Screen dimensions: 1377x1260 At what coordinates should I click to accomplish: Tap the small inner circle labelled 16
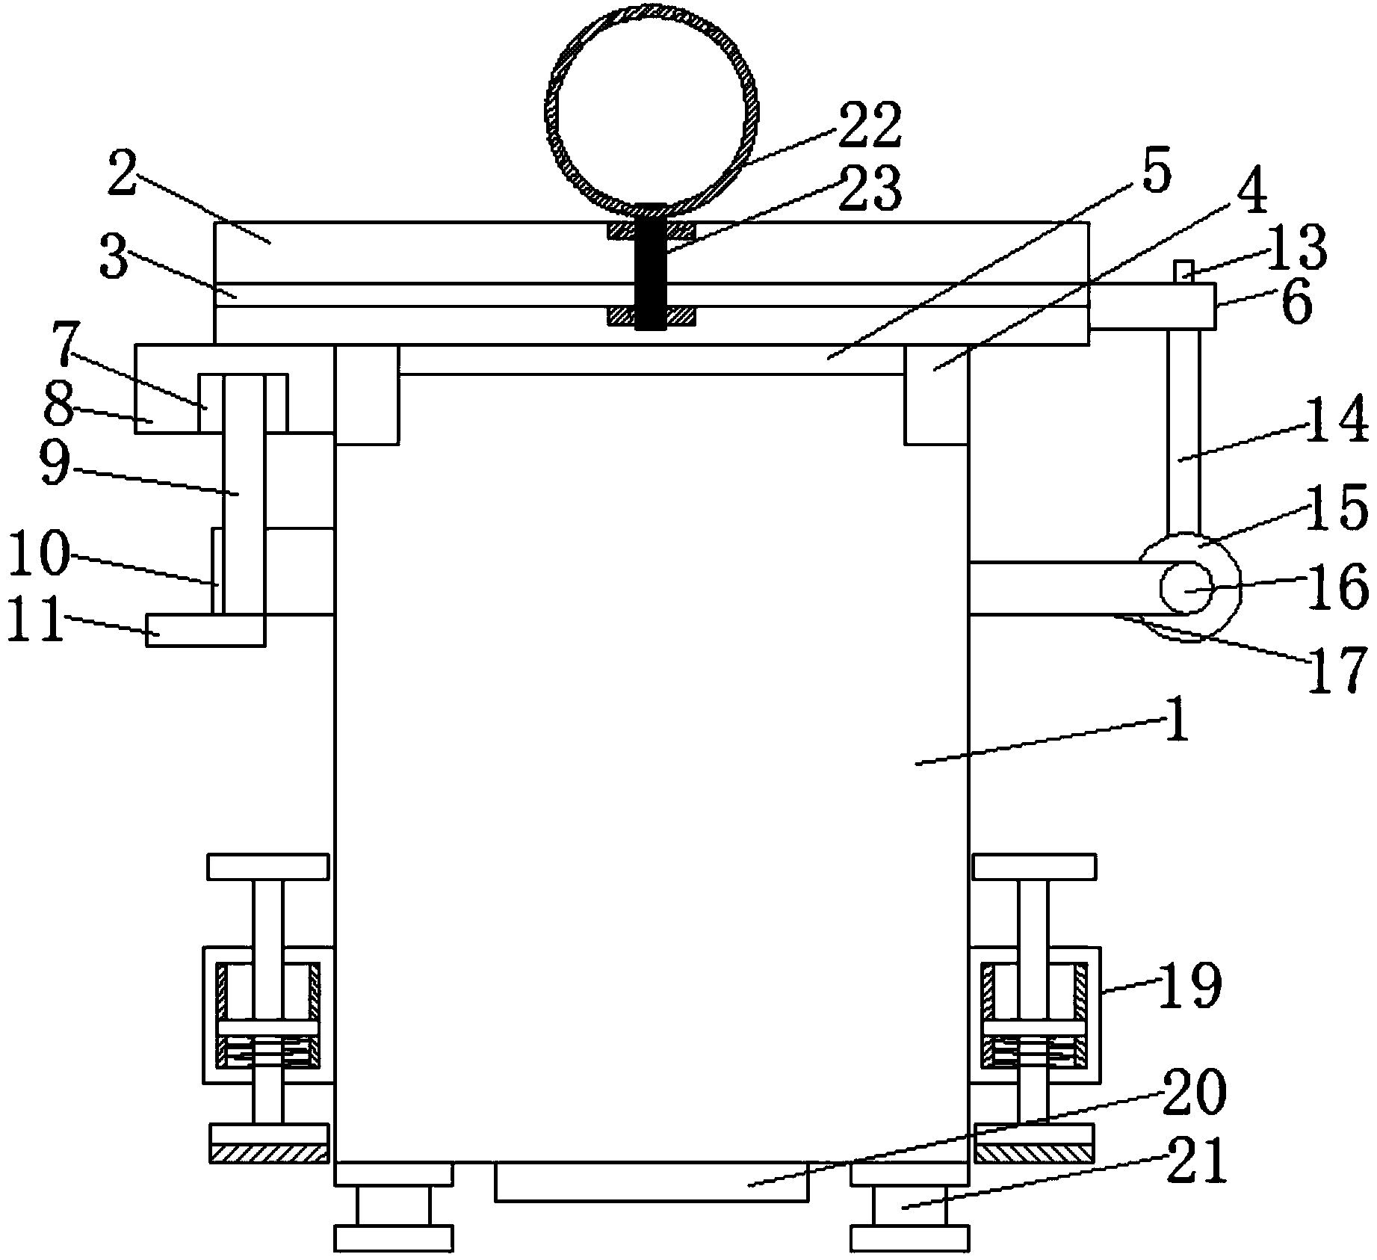pos(1186,587)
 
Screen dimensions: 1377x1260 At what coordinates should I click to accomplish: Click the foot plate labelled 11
pos(205,629)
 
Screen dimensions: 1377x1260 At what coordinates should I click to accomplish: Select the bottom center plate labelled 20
pos(652,1182)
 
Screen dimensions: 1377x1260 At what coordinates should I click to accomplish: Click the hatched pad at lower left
pos(268,1153)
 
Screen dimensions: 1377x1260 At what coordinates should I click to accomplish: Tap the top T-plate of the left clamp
pos(268,867)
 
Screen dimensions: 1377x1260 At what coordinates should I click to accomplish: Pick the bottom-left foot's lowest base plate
pos(393,1238)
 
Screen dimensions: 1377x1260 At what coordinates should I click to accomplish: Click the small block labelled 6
pos(1151,306)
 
